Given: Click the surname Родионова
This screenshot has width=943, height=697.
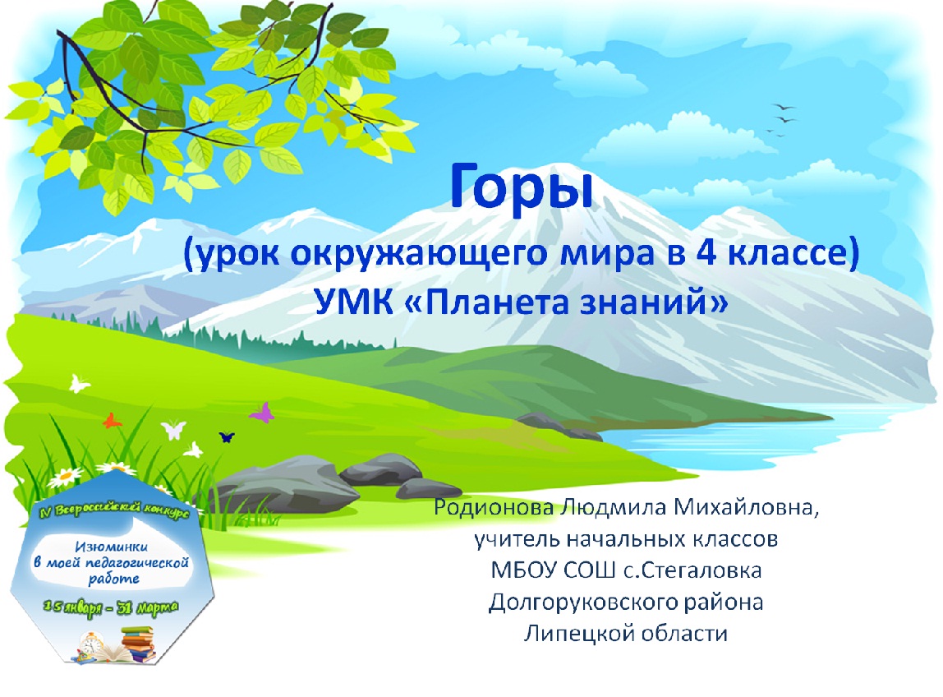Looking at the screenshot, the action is click(x=493, y=507).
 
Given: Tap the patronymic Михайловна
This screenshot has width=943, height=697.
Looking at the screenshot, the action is click(x=745, y=507).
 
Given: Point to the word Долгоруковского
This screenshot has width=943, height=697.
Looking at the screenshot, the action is click(x=574, y=602).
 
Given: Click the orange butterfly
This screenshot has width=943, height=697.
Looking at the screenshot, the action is click(x=112, y=420).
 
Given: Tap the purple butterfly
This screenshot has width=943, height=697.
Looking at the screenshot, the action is click(x=262, y=413).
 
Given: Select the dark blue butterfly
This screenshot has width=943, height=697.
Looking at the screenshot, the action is click(x=227, y=436).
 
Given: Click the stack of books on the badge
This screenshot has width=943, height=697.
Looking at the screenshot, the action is click(x=137, y=644).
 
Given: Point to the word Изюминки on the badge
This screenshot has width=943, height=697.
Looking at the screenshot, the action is click(x=111, y=547).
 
